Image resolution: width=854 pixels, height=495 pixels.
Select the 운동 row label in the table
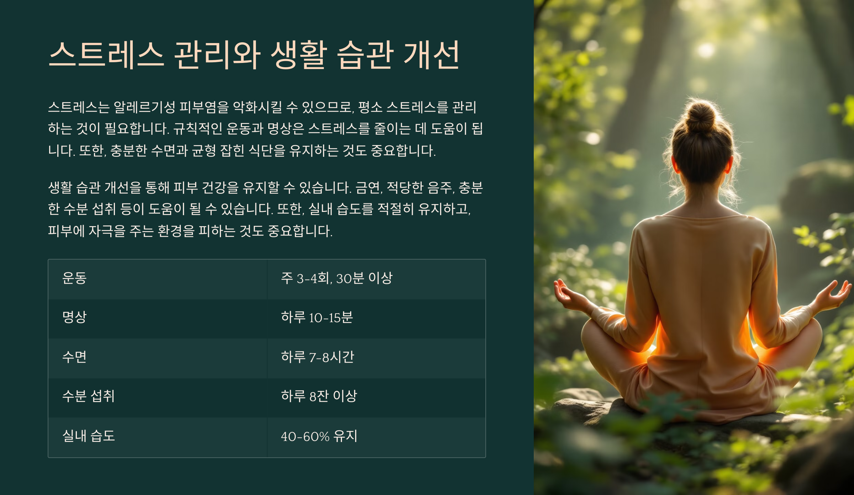pos(74,278)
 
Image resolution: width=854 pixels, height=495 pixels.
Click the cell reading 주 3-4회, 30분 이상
pos(337,278)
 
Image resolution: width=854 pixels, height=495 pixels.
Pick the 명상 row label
pos(74,317)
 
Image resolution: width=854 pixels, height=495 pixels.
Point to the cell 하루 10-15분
pos(317,317)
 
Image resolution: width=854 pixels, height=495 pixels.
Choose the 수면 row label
pos(74,357)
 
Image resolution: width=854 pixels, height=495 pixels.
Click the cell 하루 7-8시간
pos(317,357)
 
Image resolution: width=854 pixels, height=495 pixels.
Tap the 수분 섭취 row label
pos(88,396)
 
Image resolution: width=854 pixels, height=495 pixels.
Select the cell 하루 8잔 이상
pos(319,396)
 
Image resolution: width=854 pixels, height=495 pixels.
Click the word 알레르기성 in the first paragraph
pos(144,107)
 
